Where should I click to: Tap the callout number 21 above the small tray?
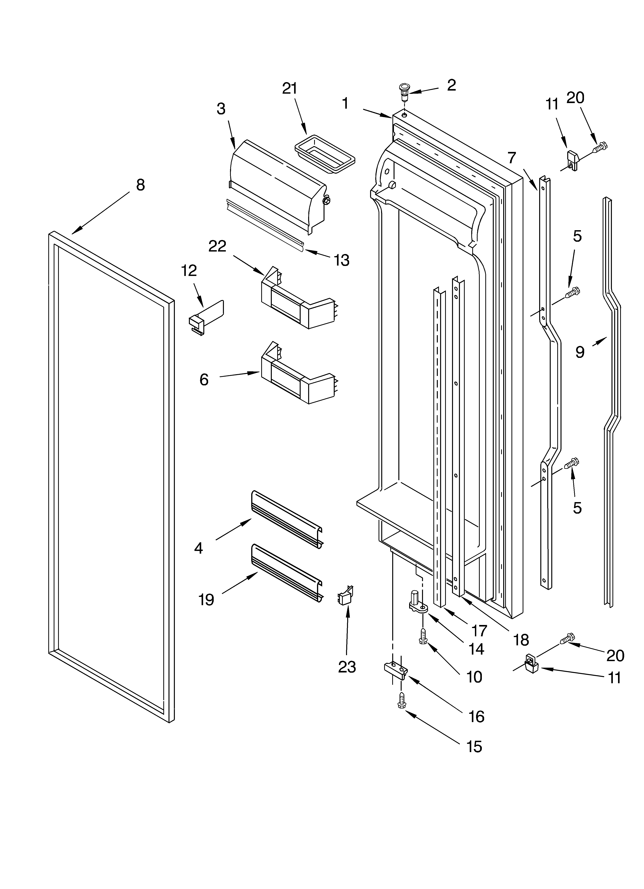click(290, 89)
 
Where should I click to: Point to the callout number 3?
click(221, 109)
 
